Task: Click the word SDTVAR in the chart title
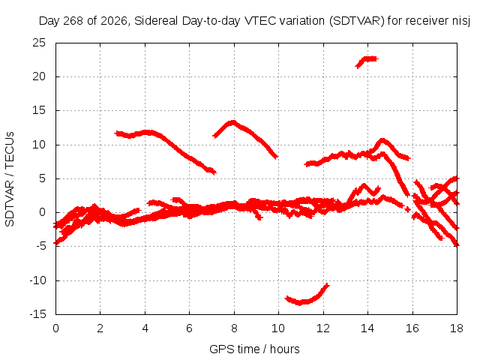pos(357,21)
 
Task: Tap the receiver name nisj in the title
pos(461,21)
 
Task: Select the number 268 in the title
pos(73,21)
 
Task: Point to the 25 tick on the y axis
pos(39,43)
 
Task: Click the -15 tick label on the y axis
pos(37,313)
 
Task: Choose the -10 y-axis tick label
pos(37,280)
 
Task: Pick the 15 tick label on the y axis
pos(39,110)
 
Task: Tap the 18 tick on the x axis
pos(457,328)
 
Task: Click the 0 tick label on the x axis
pos(55,328)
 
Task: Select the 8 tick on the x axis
pos(234,328)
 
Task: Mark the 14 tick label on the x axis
pos(367,328)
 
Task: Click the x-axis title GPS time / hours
pos(254,349)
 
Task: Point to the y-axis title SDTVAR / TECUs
pos(10,179)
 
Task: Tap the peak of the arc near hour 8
pos(233,122)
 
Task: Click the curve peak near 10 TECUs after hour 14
pos(382,140)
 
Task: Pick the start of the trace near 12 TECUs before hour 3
pos(115,133)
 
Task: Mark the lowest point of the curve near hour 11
pos(300,304)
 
